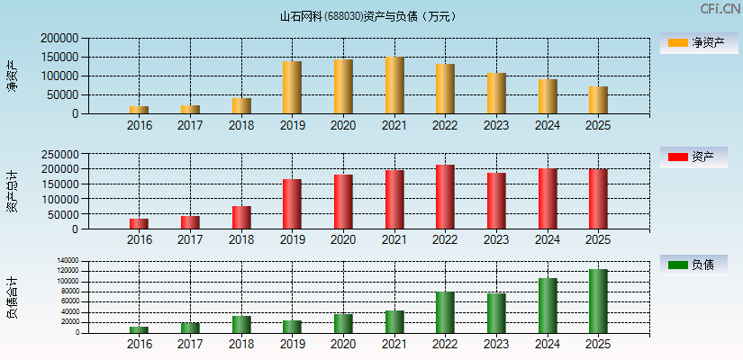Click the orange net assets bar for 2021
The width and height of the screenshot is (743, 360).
[x=394, y=85]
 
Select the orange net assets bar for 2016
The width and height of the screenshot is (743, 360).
[x=139, y=110]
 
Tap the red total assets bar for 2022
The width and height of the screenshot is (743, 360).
[x=445, y=197]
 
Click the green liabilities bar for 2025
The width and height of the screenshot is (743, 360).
[x=598, y=301]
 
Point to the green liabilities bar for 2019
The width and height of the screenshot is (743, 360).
[x=292, y=327]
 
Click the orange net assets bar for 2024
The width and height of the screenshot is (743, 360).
[x=548, y=96]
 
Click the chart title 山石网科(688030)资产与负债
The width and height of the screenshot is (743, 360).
[x=369, y=15]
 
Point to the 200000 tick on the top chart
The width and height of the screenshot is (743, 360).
[x=59, y=39]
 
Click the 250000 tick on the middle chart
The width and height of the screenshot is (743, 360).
[x=59, y=154]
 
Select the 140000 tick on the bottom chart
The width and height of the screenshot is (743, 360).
[x=68, y=261]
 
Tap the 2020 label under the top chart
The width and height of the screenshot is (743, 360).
[x=343, y=126]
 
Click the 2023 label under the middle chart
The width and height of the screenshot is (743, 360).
[x=496, y=240]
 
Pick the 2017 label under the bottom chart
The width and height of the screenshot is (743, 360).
[x=190, y=344]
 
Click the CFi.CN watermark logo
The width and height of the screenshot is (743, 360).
[x=720, y=8]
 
